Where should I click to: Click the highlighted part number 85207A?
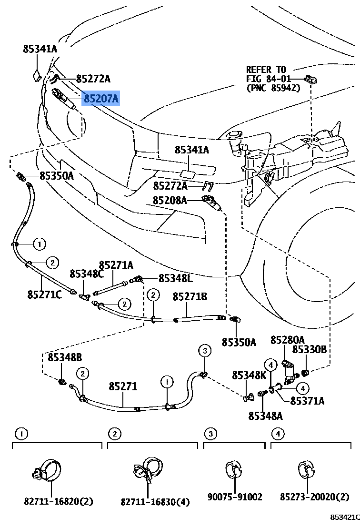click(x=101, y=99)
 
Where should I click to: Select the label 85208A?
click(x=170, y=201)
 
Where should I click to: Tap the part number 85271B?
click(x=190, y=296)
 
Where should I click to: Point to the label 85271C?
click(x=44, y=294)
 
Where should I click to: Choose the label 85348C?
click(x=86, y=274)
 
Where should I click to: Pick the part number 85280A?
click(x=287, y=340)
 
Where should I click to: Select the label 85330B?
click(x=309, y=350)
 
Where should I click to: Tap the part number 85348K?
click(x=249, y=376)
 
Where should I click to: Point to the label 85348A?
click(x=265, y=416)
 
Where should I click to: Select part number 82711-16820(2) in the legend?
click(x=59, y=501)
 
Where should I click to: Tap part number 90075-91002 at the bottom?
click(x=235, y=497)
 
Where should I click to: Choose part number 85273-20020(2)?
click(x=314, y=497)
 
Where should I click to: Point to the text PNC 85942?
click(x=273, y=88)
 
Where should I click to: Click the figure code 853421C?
click(x=345, y=517)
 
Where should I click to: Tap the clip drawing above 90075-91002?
click(x=233, y=469)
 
